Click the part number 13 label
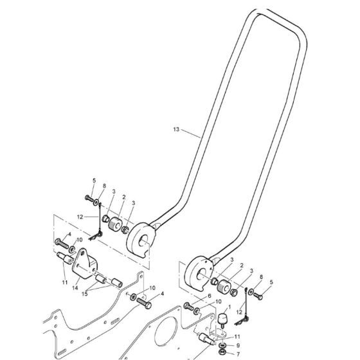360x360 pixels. click(x=176, y=129)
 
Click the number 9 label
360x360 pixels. click(x=238, y=345)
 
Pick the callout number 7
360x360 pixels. click(x=238, y=354)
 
